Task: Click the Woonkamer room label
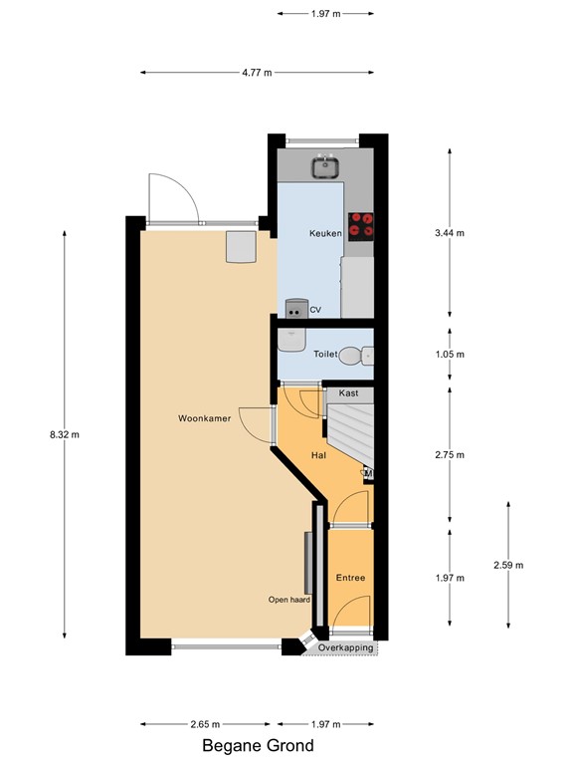(205, 418)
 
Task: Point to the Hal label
(319, 454)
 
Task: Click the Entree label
(349, 578)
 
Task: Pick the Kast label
(348, 393)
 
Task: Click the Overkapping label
(346, 648)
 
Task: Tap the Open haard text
(289, 600)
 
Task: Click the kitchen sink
(324, 166)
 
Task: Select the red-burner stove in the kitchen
(361, 226)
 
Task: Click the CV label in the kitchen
(315, 310)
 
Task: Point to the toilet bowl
(350, 355)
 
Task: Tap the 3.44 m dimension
(451, 233)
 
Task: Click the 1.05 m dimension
(451, 354)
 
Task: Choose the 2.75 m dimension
(451, 454)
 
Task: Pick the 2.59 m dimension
(508, 565)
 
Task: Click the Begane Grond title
(258, 745)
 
